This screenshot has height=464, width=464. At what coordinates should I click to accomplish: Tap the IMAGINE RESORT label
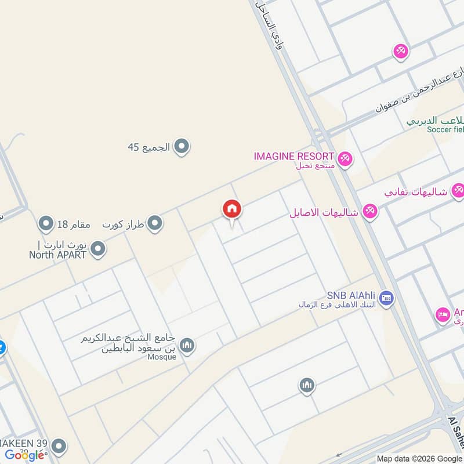(293, 156)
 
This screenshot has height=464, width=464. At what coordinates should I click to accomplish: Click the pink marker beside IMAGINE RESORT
(345, 158)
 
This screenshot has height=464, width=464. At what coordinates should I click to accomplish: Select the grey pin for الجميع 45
(182, 147)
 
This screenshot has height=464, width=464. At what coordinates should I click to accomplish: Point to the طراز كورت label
(123, 223)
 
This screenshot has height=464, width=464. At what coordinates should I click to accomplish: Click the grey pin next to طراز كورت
(154, 223)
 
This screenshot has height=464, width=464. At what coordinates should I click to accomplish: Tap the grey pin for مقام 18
(46, 223)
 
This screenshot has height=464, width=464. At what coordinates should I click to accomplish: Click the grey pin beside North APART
(99, 249)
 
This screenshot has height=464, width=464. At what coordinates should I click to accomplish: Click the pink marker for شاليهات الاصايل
(369, 212)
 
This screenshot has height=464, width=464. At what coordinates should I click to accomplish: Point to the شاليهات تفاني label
(416, 191)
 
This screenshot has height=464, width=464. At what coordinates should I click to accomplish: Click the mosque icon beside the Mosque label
(187, 346)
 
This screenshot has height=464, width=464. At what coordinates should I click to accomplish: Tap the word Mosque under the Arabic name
(161, 357)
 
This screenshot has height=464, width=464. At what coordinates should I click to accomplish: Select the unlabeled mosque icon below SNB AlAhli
(307, 385)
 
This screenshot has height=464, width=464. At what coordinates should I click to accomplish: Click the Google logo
(25, 455)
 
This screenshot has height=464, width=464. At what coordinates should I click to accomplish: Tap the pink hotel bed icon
(443, 316)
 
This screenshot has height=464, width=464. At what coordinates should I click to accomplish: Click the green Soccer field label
(445, 129)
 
